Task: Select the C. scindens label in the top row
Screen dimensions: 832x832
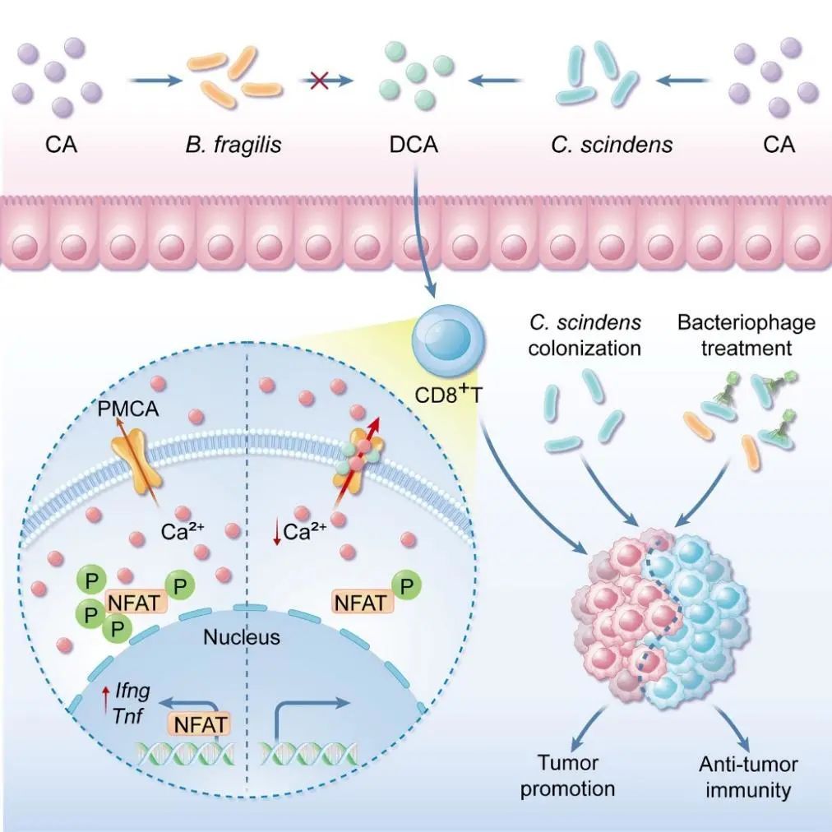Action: tap(611, 146)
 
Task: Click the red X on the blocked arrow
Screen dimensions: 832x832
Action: tap(317, 81)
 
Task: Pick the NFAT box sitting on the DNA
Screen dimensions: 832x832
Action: tap(197, 723)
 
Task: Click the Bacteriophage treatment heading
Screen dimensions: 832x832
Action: tap(746, 334)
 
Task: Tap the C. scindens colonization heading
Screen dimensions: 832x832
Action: tap(584, 334)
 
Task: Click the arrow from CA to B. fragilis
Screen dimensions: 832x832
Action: tap(155, 81)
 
